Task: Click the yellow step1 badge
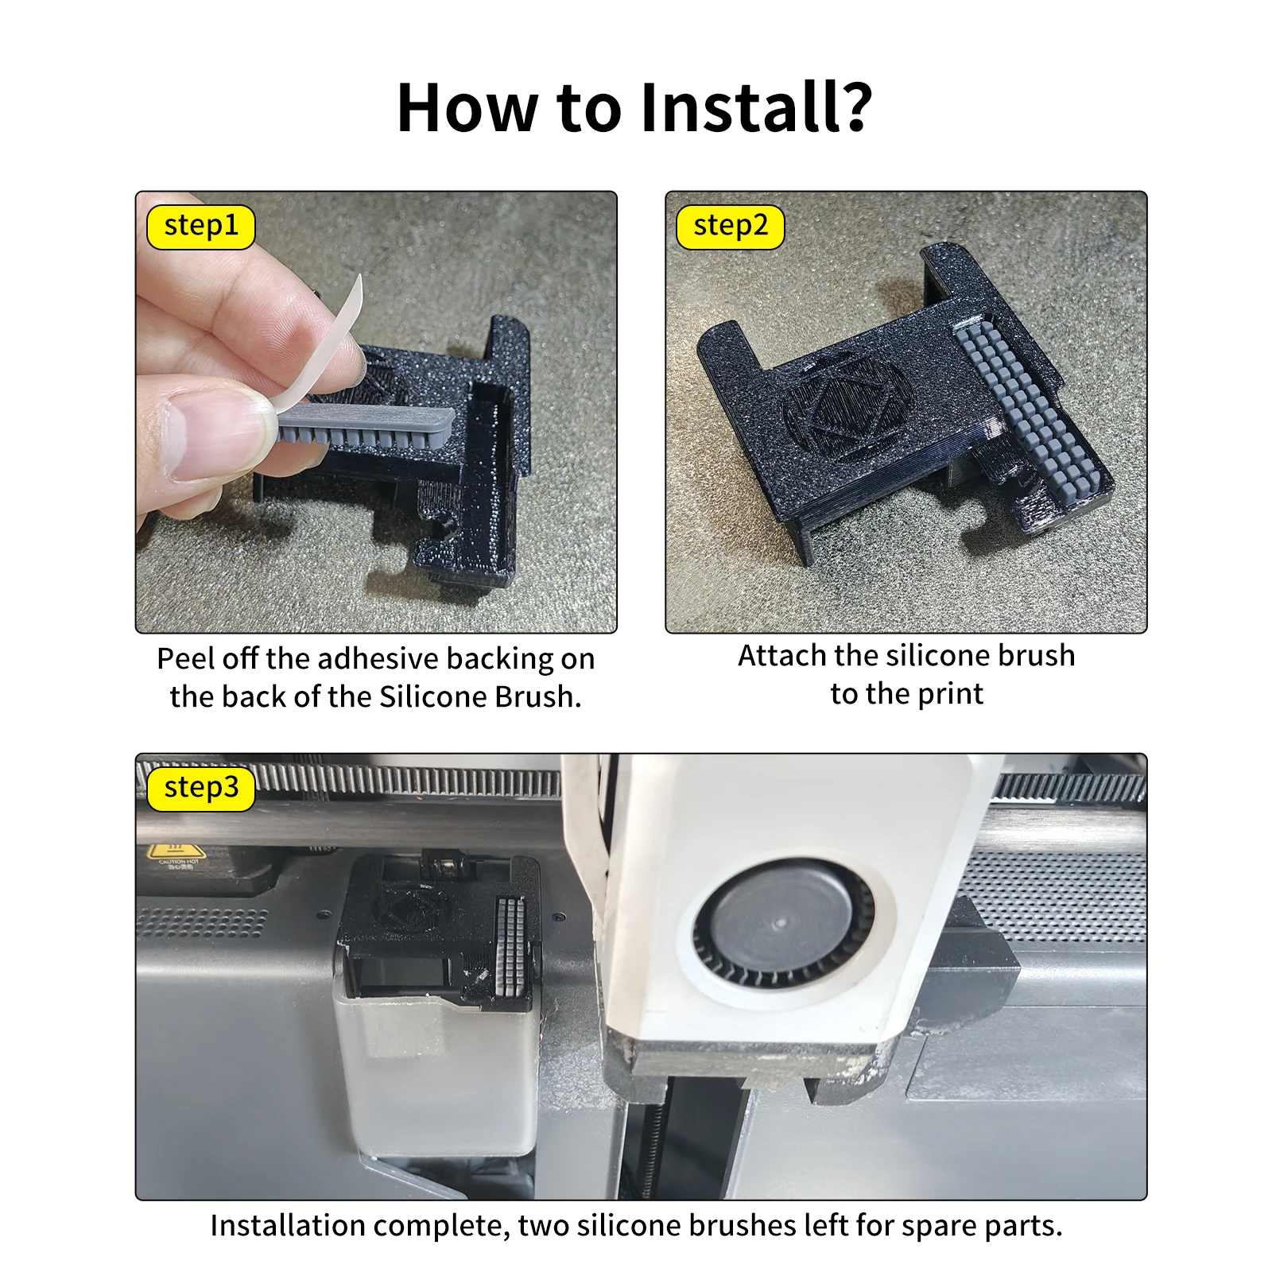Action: point(201,227)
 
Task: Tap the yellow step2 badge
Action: point(731,227)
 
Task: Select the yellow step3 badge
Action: point(201,789)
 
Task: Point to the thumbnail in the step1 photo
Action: point(207,436)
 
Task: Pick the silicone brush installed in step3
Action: point(510,946)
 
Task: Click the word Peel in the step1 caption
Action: point(186,658)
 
